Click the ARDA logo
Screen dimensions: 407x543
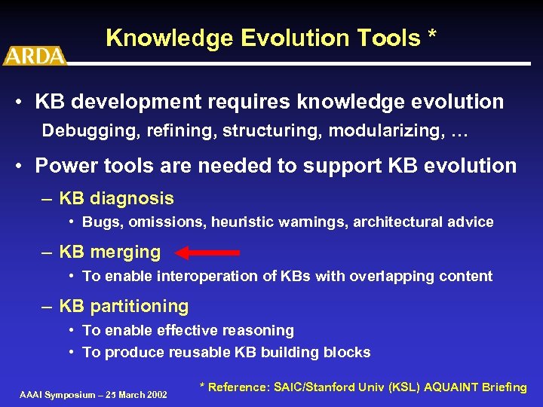click(x=35, y=54)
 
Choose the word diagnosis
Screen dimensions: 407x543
click(x=132, y=199)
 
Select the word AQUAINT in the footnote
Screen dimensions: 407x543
click(x=452, y=387)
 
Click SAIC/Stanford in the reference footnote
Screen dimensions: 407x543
click(x=318, y=387)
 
